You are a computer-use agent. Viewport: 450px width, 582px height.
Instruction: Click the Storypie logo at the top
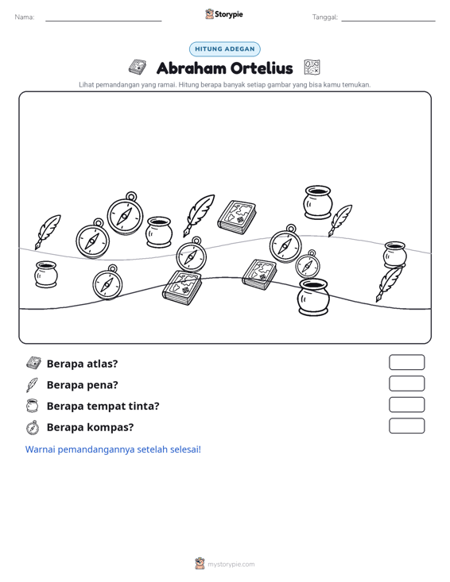(224, 14)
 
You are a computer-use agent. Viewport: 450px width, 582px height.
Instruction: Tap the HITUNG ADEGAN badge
(225, 49)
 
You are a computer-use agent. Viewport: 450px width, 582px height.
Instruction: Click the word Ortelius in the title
(262, 68)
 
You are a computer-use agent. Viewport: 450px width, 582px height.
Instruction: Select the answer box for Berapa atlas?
(406, 362)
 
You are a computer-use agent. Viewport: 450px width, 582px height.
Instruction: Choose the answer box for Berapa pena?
(406, 384)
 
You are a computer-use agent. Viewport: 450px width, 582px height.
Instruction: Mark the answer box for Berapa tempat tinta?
(406, 405)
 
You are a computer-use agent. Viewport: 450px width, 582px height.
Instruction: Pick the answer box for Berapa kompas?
(406, 426)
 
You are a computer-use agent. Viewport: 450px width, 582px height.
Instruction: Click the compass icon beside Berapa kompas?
(33, 427)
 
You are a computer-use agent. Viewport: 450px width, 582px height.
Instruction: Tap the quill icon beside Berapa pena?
(32, 385)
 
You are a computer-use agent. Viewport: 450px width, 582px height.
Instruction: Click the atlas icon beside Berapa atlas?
(33, 363)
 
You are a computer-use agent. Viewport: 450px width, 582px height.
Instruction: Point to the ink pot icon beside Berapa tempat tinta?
(33, 406)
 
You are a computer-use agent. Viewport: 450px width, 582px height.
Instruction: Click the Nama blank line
(103, 21)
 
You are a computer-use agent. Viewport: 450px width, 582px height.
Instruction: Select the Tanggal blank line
(388, 21)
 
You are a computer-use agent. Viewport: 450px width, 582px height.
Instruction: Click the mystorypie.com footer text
(231, 565)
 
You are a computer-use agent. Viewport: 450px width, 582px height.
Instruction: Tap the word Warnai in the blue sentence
(40, 449)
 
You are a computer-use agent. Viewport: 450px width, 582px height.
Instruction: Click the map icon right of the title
(312, 67)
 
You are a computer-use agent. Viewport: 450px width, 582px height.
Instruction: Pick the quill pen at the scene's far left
(48, 232)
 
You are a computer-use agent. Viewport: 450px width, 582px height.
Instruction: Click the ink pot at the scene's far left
(46, 274)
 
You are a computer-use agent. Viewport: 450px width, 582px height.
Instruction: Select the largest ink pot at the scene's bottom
(313, 297)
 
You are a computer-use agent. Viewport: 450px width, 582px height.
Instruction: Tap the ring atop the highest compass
(131, 196)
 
